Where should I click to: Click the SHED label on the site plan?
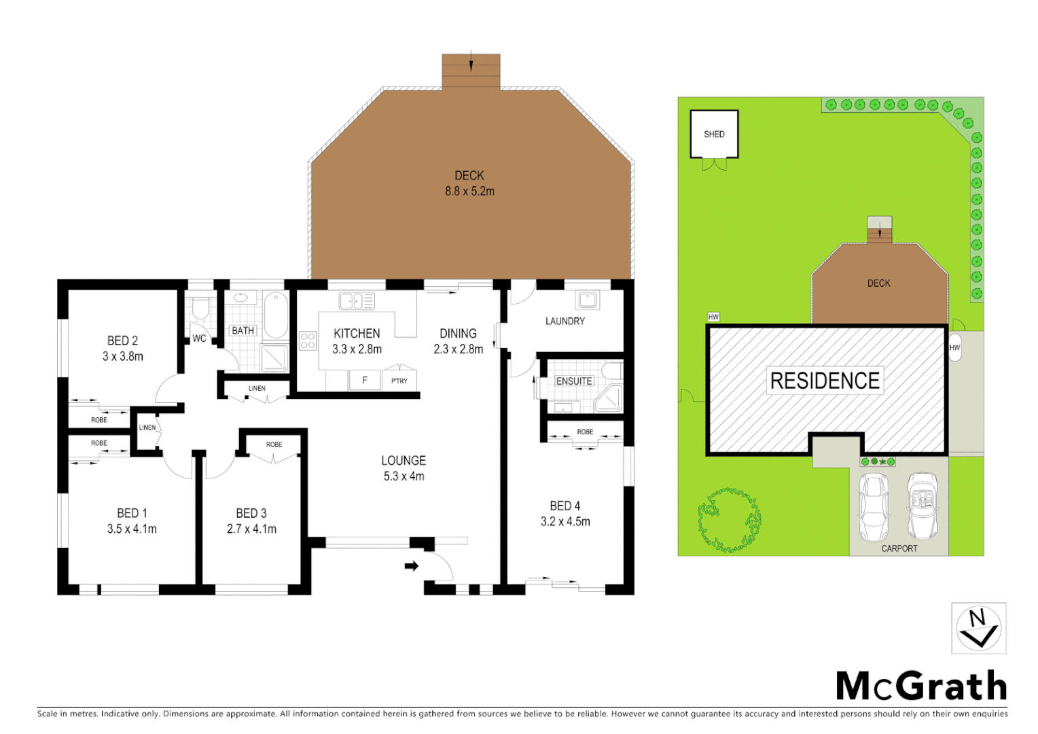[x=714, y=135]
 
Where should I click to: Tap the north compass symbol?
[x=978, y=628]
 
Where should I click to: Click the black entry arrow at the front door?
[x=412, y=565]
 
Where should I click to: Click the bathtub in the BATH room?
[x=275, y=315]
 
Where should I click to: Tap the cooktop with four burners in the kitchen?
[x=308, y=340]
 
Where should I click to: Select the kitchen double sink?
[x=357, y=301]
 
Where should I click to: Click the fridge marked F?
[x=365, y=380]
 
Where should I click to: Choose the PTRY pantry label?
[x=399, y=381]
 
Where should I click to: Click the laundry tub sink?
[x=587, y=300]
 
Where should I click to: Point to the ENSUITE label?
[x=574, y=381]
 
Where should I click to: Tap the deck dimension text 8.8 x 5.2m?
[x=469, y=192]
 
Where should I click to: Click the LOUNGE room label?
[x=404, y=460]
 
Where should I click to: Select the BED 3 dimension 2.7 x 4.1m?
[x=251, y=529]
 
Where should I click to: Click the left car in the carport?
[x=874, y=507]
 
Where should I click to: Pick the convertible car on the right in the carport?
[x=923, y=506]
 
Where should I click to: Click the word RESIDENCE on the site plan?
[x=825, y=381]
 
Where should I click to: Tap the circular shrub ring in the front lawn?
[x=729, y=520]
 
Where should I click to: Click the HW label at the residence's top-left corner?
[x=713, y=317]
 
